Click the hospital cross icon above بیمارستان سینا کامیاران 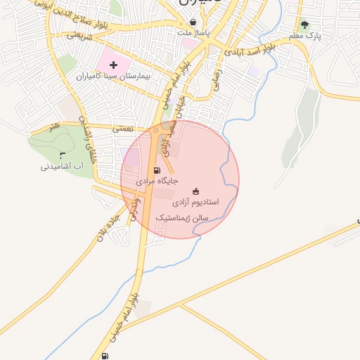click(113, 65)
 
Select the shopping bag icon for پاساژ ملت click(193, 22)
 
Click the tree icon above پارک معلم click(304, 24)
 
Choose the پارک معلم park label click(304, 34)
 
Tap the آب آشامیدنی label click(63, 167)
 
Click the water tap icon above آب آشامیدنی click(63, 155)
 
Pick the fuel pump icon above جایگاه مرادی click(156, 170)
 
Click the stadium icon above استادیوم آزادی click(195, 191)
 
